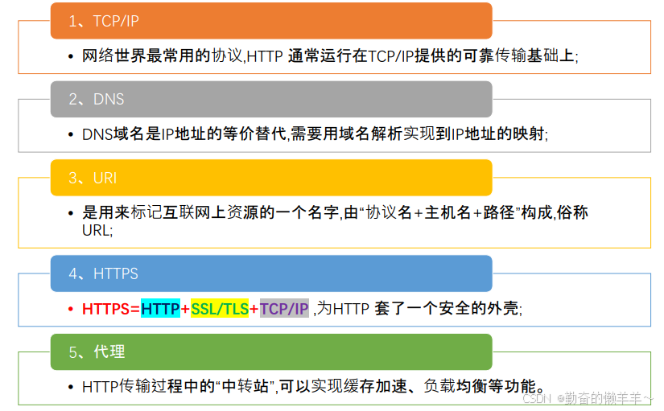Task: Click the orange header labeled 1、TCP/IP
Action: pos(271,21)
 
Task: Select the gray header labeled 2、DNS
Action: pos(271,99)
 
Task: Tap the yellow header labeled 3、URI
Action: pos(271,177)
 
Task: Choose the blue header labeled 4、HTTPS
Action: pos(271,273)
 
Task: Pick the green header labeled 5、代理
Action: pos(271,351)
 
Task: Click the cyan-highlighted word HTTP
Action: pos(160,309)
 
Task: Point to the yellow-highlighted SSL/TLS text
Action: pos(220,309)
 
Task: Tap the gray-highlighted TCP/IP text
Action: pos(284,309)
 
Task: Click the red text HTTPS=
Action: pos(111,309)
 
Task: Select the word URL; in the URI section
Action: pos(97,230)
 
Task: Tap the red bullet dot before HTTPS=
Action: pos(71,309)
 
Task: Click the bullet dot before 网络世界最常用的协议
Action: pos(71,56)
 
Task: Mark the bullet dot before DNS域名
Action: pos(71,134)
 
